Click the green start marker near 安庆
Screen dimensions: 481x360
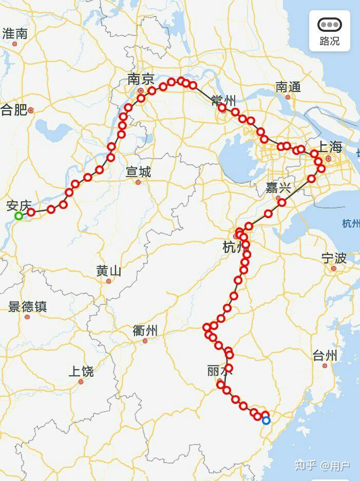click(x=18, y=216)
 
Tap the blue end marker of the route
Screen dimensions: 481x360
click(x=266, y=421)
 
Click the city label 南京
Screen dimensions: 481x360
click(x=141, y=79)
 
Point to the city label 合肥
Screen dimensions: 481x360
click(x=13, y=109)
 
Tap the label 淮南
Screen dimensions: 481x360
click(x=15, y=34)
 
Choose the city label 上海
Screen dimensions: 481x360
click(x=329, y=147)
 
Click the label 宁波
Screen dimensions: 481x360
click(x=334, y=258)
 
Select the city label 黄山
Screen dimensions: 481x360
click(x=109, y=271)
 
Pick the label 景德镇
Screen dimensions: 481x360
click(x=27, y=306)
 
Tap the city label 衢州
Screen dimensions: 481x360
click(x=145, y=331)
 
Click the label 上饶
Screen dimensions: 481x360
click(x=81, y=371)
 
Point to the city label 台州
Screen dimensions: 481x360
click(x=325, y=355)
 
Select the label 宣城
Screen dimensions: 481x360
click(x=138, y=172)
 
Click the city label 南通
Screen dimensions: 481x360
click(x=288, y=87)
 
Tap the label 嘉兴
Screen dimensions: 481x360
click(x=278, y=187)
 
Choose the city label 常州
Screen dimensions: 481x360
click(x=223, y=101)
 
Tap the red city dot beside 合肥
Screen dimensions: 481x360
click(x=31, y=110)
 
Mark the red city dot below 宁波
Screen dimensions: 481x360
click(x=334, y=268)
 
